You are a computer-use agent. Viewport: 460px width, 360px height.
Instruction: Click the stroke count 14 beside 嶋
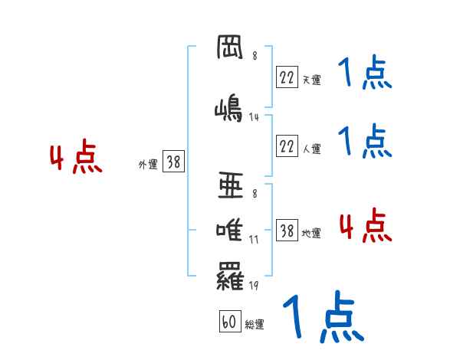click(x=255, y=117)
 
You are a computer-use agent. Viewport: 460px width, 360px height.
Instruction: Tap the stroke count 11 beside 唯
click(x=254, y=239)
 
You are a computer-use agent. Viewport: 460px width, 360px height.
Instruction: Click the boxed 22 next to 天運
click(x=287, y=77)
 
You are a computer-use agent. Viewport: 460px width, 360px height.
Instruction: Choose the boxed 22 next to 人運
click(x=287, y=146)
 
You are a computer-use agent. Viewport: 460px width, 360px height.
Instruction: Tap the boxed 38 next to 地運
click(x=287, y=231)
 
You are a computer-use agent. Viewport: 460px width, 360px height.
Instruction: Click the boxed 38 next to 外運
click(x=173, y=162)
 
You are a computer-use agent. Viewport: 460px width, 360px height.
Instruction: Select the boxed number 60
click(x=228, y=322)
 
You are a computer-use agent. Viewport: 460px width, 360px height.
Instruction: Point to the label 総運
click(x=255, y=325)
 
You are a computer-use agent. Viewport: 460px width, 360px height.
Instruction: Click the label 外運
click(x=148, y=164)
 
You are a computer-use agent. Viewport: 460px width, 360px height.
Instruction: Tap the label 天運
click(x=312, y=80)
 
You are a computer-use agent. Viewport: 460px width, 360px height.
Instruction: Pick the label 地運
click(x=312, y=233)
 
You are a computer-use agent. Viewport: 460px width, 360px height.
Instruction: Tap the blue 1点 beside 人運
click(x=365, y=140)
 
